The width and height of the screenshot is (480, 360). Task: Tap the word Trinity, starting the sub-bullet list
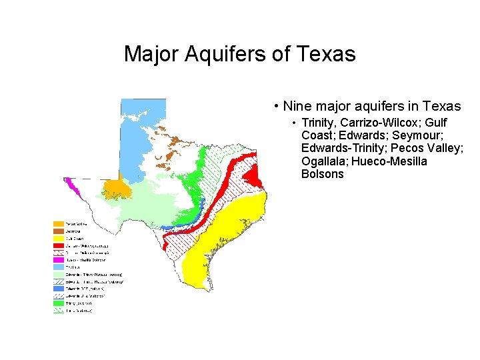click(x=319, y=123)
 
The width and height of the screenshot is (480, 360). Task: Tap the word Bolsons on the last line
click(x=323, y=174)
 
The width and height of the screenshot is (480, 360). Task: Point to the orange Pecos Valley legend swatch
click(x=59, y=223)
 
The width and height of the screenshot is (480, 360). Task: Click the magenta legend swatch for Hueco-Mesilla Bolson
click(x=59, y=261)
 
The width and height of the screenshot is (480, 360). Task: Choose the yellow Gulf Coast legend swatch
click(x=59, y=238)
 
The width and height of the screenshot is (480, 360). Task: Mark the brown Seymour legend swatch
click(x=59, y=231)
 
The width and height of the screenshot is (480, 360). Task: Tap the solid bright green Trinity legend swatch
click(x=59, y=303)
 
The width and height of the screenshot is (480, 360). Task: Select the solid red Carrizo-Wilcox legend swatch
click(x=59, y=245)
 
